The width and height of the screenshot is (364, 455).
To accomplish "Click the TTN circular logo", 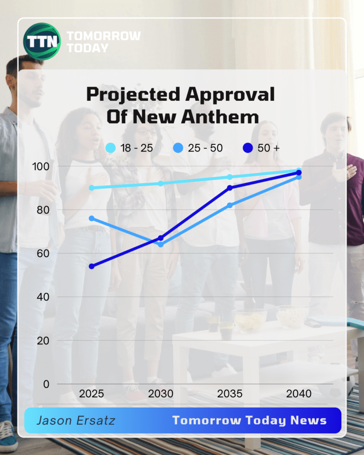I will [42, 41].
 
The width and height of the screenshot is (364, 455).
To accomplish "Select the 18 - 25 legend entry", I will [130, 148].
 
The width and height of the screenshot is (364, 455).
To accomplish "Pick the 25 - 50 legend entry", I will [198, 148].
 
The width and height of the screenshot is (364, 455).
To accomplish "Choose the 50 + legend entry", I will [262, 148].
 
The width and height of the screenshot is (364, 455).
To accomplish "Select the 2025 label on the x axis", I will [92, 394].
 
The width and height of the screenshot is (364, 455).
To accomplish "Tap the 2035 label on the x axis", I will [230, 394].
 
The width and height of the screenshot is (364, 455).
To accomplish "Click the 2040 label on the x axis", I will [299, 394].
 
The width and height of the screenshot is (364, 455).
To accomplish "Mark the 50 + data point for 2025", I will [92, 266].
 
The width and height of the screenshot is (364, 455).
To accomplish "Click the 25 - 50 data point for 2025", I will [92, 218].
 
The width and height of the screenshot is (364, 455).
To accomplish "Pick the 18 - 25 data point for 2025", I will [92, 188].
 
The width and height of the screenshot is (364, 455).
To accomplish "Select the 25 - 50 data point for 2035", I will [230, 205].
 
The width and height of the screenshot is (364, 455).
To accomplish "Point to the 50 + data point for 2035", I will [230, 188].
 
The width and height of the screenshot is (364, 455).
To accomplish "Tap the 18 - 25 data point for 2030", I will [160, 184].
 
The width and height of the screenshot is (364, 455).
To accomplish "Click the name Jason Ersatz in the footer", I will [76, 420].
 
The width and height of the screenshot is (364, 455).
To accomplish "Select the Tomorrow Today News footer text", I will [249, 420].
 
